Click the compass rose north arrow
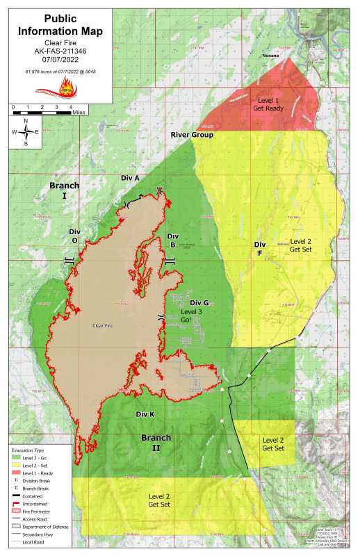[26, 131]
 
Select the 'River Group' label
[192, 134]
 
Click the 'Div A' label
[130, 178]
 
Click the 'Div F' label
[260, 249]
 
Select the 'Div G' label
[199, 302]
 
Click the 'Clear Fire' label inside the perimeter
[102, 324]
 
